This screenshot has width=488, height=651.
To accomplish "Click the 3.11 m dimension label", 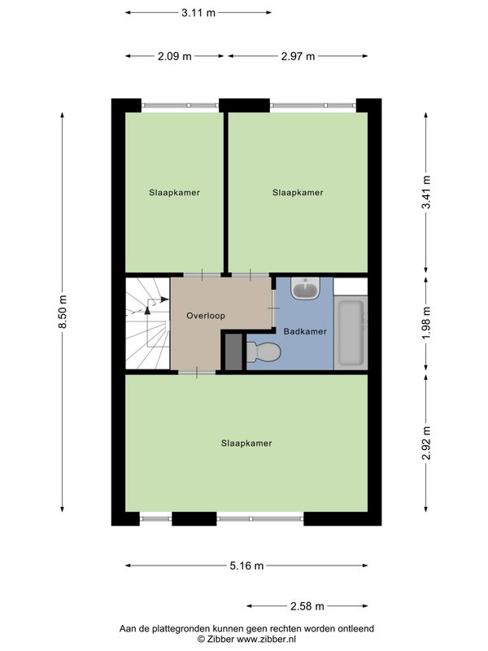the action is (x=198, y=12).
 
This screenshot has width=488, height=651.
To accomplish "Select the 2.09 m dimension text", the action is (x=174, y=56).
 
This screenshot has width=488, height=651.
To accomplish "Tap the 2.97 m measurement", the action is (x=298, y=56).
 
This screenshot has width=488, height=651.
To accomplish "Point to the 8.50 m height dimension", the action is (x=63, y=312).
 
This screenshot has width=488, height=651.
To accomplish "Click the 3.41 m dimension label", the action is (x=426, y=192).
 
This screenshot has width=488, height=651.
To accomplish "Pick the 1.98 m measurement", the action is (x=426, y=322).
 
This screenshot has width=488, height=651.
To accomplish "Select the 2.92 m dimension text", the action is (x=426, y=443).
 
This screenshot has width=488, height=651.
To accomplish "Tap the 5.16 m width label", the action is (x=246, y=566).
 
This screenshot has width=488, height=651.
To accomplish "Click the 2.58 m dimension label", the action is (x=307, y=606).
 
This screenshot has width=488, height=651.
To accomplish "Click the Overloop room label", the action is (x=206, y=316).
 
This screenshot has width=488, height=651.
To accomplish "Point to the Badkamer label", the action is (x=305, y=331).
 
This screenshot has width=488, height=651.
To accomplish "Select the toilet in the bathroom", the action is (x=264, y=352).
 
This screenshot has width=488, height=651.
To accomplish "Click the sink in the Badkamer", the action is (x=306, y=288).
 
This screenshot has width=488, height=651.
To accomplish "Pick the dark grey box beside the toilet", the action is (x=233, y=352).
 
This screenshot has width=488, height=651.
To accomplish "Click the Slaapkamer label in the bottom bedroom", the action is (x=246, y=443).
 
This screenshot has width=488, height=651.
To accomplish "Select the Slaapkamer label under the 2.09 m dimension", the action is (x=174, y=192).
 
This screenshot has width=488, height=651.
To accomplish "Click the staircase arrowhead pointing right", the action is (x=165, y=299).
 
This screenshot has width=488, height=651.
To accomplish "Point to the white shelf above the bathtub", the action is (x=351, y=286).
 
